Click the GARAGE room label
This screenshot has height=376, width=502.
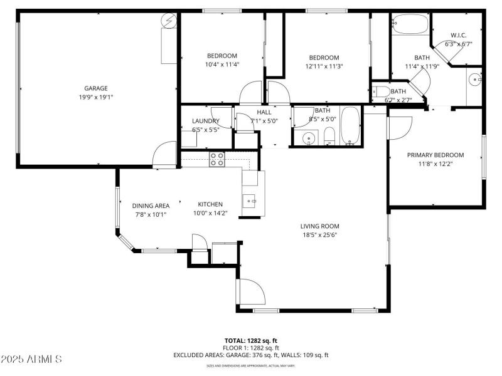pyautogui.click(x=96, y=88)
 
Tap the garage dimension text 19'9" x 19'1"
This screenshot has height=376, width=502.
pyautogui.click(x=96, y=97)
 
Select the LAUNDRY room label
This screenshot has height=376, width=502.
pyautogui.click(x=205, y=121)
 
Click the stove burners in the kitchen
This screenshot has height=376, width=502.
pyautogui.click(x=217, y=159)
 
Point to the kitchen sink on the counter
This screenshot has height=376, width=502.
pyautogui.click(x=250, y=201)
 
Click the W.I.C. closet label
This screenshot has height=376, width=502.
pyautogui.click(x=458, y=35)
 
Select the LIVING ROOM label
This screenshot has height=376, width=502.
pyautogui.click(x=319, y=226)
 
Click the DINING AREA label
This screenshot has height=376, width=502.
pyautogui.click(x=151, y=206)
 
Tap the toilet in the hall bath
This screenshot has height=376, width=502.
pyautogui.click(x=329, y=135)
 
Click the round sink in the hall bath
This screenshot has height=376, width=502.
pyautogui.click(x=307, y=138)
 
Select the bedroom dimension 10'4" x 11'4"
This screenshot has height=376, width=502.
pyautogui.click(x=222, y=65)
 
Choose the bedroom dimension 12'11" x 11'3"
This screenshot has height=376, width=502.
pyautogui.click(x=324, y=66)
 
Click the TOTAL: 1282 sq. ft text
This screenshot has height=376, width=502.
pyautogui.click(x=251, y=340)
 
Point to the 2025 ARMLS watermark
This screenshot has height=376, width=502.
pyautogui.click(x=31, y=359)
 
